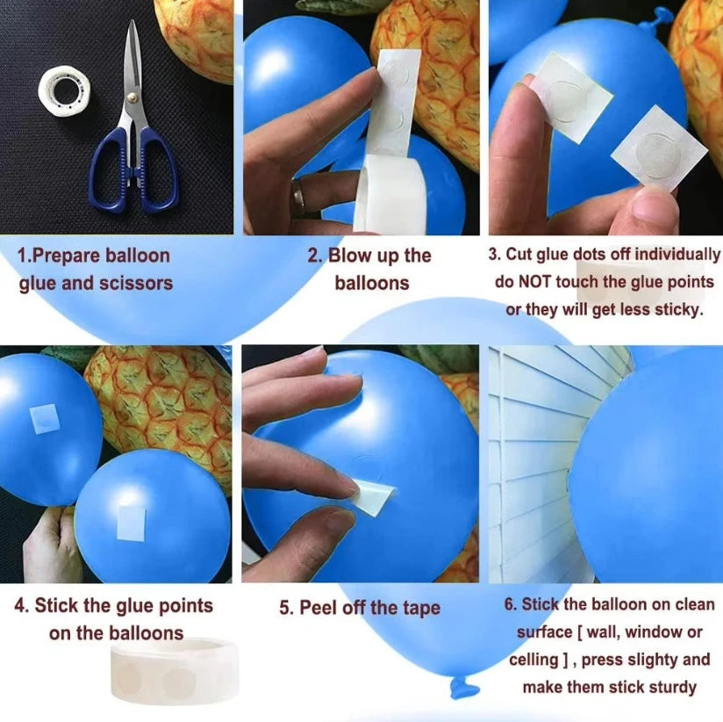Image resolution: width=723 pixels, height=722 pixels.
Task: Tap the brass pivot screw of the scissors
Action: coord(132,97)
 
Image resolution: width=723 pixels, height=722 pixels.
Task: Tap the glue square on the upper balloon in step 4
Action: coord(45,418)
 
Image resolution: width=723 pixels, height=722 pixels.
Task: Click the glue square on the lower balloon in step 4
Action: coord(131,523)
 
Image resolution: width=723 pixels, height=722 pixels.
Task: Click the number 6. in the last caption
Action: coord(511,605)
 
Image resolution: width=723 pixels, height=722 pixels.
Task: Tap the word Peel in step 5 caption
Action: coord(319,608)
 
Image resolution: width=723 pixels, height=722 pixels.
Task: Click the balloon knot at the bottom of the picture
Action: coord(463,687)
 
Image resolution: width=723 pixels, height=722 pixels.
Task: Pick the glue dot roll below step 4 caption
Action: coord(175,672)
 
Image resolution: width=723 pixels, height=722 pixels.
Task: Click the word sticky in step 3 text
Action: coord(679,309)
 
